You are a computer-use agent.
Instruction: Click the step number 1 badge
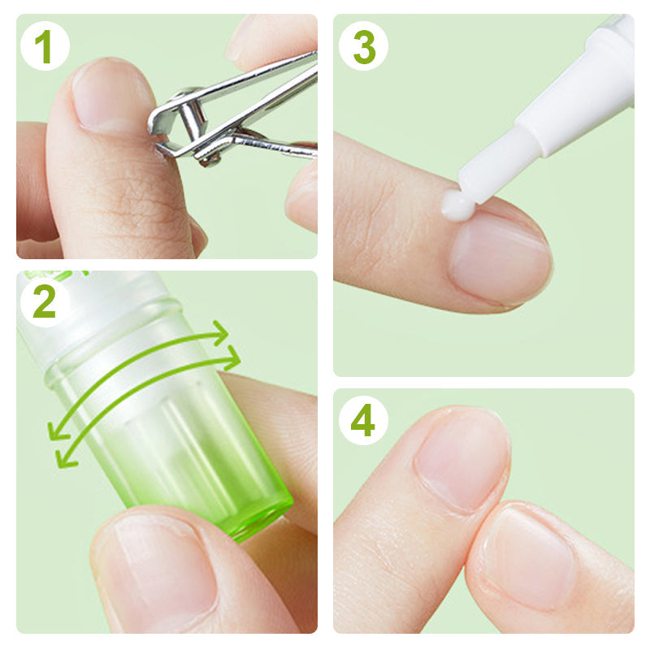[x=44, y=47]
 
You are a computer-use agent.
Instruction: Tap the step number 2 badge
[x=44, y=302]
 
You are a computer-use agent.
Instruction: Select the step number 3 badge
[x=363, y=47]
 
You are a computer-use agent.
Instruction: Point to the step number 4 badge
[x=363, y=421]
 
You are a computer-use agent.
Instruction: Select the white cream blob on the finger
[x=457, y=206]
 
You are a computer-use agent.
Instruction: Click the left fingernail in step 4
[x=459, y=459]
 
